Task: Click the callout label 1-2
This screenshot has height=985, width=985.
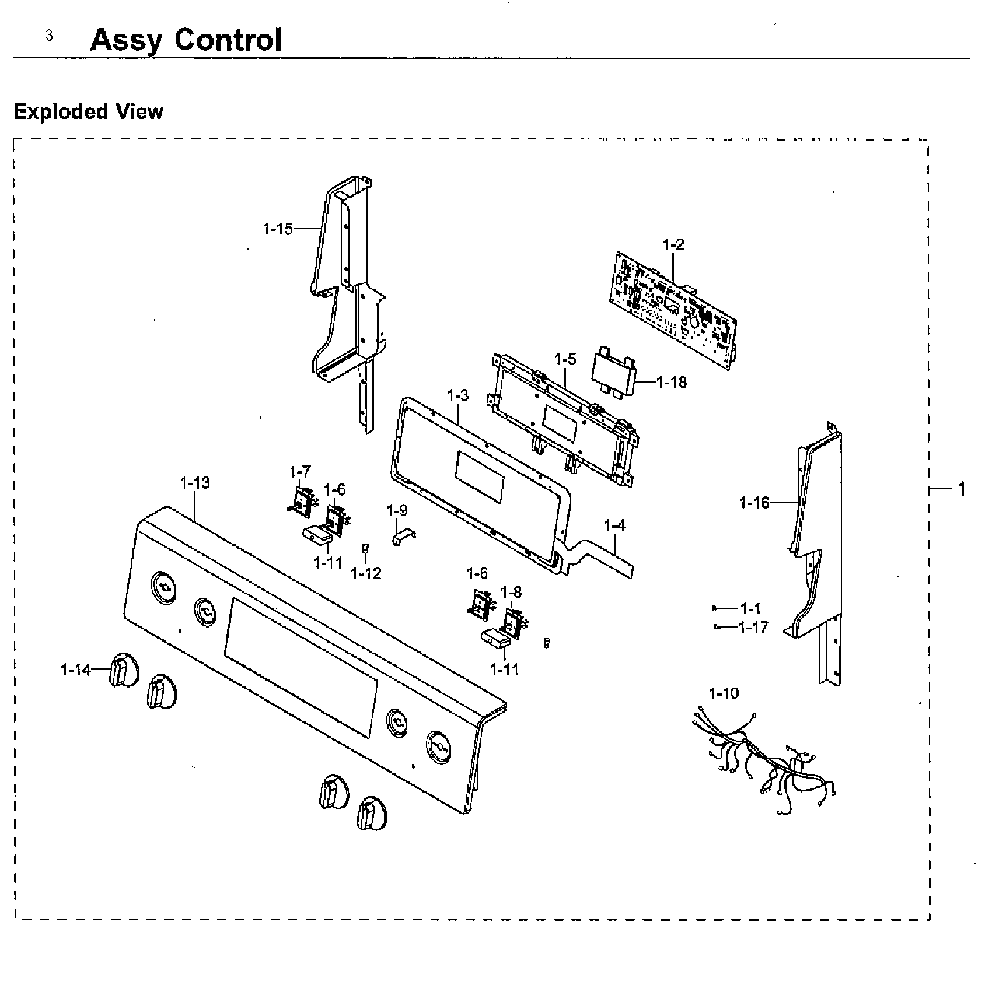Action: (673, 245)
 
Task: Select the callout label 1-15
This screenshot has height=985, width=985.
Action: (278, 229)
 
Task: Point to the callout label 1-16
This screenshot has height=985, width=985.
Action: (755, 502)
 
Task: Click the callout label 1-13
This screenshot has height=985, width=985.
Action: (195, 483)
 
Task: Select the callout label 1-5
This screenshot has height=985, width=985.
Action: (565, 359)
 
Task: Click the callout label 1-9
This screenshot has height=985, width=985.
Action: (397, 511)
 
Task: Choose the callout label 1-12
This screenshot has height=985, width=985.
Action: (366, 574)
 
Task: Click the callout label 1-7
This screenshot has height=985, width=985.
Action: (300, 471)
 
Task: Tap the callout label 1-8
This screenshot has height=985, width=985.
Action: (511, 593)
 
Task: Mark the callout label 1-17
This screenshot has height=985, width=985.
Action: (753, 628)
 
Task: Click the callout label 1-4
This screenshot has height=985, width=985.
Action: (614, 525)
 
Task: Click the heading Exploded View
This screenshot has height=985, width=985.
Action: (89, 111)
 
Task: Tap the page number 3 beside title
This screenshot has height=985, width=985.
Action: (49, 36)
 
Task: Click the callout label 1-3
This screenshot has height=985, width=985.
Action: (458, 395)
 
